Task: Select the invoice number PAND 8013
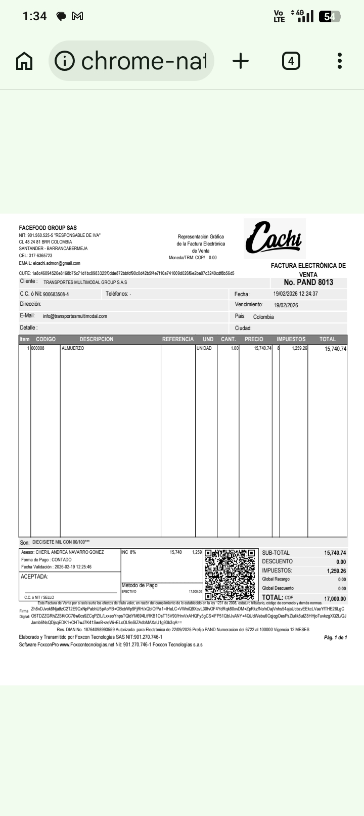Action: pos(308,282)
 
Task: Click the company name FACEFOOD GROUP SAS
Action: pos(48,228)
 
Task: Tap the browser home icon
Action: pos(24,61)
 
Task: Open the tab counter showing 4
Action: pos(291,61)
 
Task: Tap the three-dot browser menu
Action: pos(340,61)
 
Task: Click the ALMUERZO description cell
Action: pos(73,349)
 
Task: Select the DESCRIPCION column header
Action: pos(96,339)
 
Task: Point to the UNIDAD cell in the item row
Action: pos(204,349)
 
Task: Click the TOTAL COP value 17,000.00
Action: pos(335,599)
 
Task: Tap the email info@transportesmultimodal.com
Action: pos(75,316)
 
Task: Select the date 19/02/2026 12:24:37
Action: pos(296,294)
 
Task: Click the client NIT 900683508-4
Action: pos(56,294)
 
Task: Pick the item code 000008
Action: pos(38,349)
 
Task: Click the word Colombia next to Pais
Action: pos(263,317)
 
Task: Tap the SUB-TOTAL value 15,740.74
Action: pos(335,553)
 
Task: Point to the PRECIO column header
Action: pos(254,339)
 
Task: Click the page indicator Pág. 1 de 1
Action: pos(335,637)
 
